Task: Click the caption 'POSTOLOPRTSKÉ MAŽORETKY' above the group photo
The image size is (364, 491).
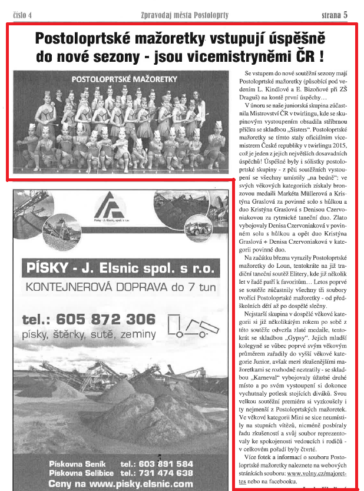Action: pyautogui.click(x=119, y=78)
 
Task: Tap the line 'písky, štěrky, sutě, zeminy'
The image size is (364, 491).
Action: pyautogui.click(x=88, y=334)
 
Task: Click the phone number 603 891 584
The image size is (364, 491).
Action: pyautogui.click(x=155, y=463)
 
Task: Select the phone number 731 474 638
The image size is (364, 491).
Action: pyautogui.click(x=155, y=473)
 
